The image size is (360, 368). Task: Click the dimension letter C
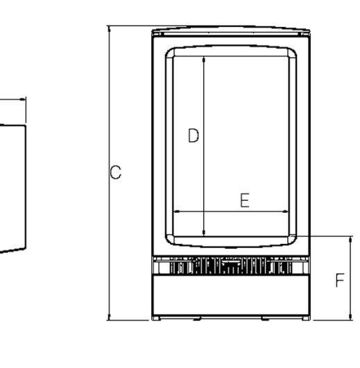116,172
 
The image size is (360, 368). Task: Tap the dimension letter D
194,135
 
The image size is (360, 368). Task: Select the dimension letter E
245,200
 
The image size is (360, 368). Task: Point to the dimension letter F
340,280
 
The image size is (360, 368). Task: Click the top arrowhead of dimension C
109,29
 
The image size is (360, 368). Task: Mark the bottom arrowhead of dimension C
109,317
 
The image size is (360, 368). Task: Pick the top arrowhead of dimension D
204,60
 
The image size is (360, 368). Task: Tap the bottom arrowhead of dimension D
204,233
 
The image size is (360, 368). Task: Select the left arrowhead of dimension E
177,211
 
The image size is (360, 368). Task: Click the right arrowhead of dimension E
285,211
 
